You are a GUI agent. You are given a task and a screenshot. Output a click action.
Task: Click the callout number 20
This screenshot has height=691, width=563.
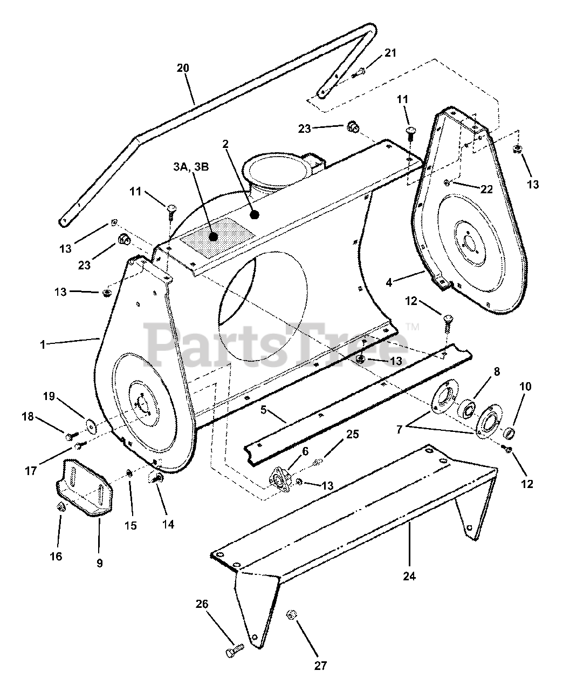tap(183, 68)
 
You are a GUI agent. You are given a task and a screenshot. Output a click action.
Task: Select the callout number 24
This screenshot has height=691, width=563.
tap(409, 576)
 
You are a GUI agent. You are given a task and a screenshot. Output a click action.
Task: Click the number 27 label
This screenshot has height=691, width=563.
tap(320, 666)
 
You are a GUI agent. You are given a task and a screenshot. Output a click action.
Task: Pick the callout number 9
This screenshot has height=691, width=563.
tap(99, 563)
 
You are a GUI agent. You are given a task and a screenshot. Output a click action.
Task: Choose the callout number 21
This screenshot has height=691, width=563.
tap(390, 52)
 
